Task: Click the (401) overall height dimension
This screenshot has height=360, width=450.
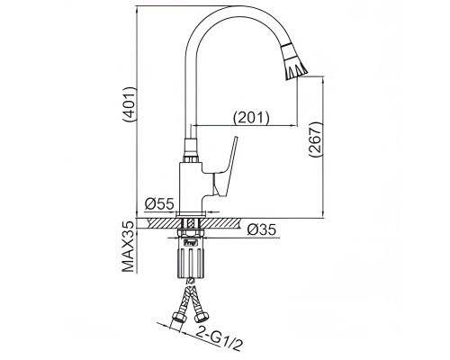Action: (130, 104)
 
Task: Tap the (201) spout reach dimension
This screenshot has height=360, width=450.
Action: (251, 118)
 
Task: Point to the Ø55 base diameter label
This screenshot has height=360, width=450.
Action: (159, 204)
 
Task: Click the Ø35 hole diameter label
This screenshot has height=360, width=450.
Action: (261, 230)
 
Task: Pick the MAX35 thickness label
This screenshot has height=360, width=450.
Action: (129, 247)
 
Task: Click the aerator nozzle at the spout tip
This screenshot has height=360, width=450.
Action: (294, 62)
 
